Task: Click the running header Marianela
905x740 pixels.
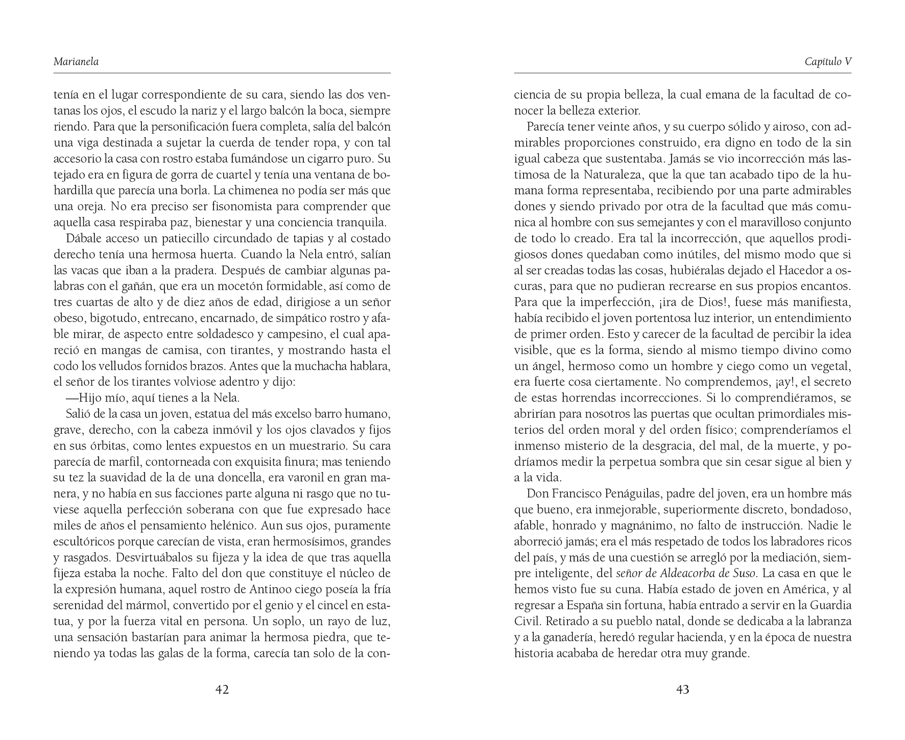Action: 76,62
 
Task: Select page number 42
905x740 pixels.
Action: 222,690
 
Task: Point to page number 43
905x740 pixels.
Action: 683,690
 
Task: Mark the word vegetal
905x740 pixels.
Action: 828,366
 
